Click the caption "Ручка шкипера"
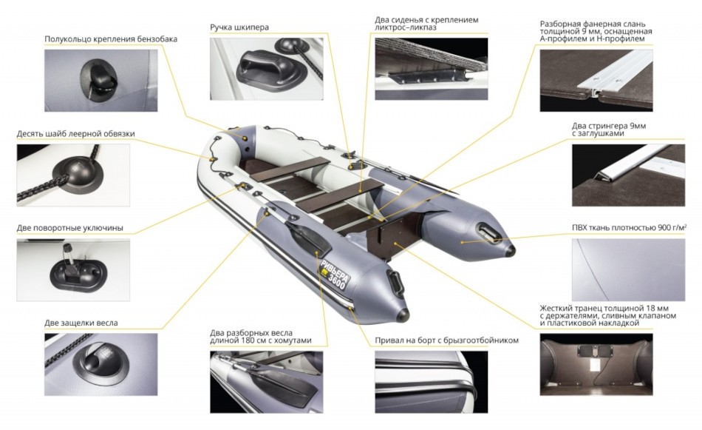coord(239,27)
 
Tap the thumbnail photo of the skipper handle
coord(266,69)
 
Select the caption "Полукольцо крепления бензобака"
coord(111,39)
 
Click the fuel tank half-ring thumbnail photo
coord(100,80)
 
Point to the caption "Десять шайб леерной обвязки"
coord(75,134)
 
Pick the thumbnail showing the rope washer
coord(73,175)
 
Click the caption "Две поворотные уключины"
coord(70,228)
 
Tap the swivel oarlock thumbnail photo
coord(73,270)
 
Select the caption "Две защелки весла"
coord(81,323)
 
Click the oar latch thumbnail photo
coord(100,364)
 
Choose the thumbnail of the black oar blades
coord(266,382)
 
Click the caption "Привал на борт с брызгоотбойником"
coord(447,340)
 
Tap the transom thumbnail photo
coord(596,364)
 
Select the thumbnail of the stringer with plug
coord(628,175)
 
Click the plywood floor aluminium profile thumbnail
coord(596,80)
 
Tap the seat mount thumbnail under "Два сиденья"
coord(432,69)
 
